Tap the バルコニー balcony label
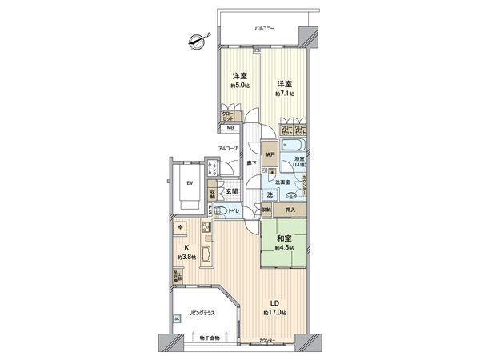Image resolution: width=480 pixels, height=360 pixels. coord(264,29)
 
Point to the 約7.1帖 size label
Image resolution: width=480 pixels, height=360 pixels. coord(285,94)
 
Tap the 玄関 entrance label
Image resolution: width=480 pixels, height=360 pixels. coord(230,192)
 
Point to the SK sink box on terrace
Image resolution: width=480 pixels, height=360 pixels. coord(177,318)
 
